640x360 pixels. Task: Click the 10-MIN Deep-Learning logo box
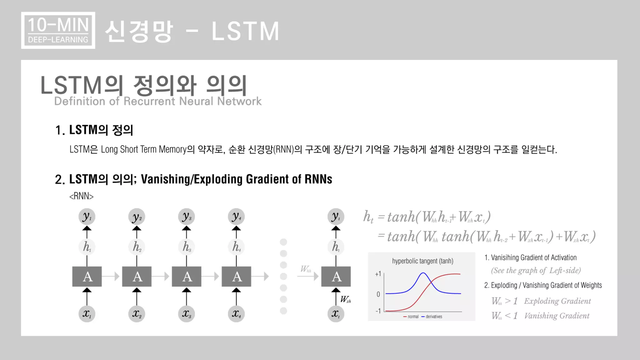(x=58, y=30)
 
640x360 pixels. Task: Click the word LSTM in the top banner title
(x=245, y=31)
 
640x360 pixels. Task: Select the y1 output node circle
(x=87, y=217)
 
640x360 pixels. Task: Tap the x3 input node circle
(x=187, y=313)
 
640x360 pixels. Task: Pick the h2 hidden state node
(x=137, y=247)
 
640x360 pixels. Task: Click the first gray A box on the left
(x=87, y=277)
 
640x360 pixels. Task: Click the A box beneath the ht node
(x=336, y=277)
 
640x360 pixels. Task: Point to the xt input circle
(x=336, y=313)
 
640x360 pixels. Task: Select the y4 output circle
(x=236, y=217)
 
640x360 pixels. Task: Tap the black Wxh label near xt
(x=346, y=299)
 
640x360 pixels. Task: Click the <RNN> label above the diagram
(x=81, y=196)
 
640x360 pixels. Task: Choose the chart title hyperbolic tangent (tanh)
(x=422, y=261)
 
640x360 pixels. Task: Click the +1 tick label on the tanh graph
(x=378, y=274)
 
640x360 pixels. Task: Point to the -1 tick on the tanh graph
(x=378, y=311)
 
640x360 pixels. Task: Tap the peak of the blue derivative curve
(x=423, y=273)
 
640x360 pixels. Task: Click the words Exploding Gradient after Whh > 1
(x=557, y=301)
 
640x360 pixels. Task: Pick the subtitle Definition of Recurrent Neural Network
(x=158, y=101)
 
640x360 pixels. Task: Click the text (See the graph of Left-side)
(x=536, y=270)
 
